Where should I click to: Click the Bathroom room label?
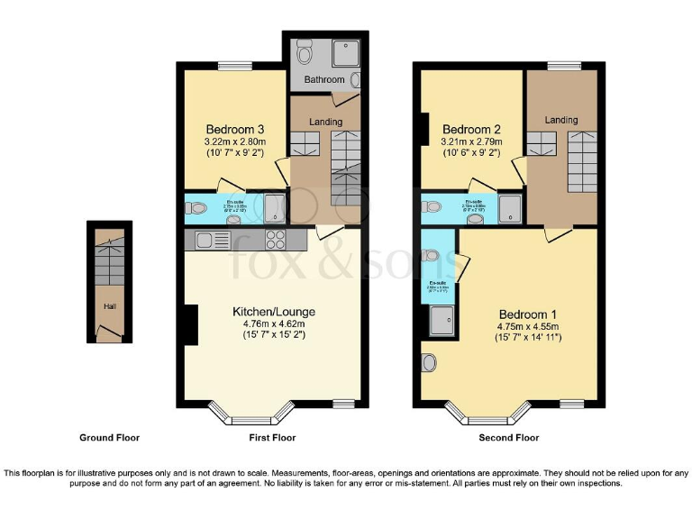coord(323,80)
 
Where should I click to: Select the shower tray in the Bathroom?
coord(346,54)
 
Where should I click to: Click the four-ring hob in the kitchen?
coord(275,240)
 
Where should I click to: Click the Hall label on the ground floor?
coord(108,306)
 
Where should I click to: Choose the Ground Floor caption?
coord(109,438)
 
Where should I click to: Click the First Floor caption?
coord(271,438)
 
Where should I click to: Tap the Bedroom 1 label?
coord(527,314)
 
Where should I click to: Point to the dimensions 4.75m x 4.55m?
coord(527,326)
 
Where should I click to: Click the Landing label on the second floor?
coord(561,120)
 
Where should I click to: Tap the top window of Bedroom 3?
coord(234,65)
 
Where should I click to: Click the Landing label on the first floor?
coord(325,122)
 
